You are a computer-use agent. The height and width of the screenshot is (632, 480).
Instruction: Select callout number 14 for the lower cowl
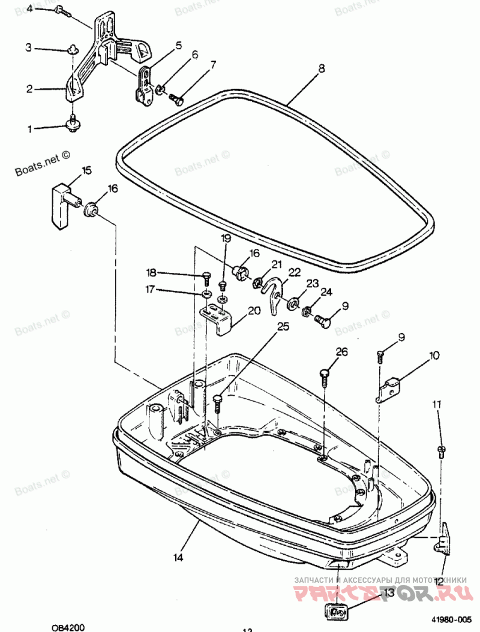[x=178, y=558]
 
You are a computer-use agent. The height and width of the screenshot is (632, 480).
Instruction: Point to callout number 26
[x=341, y=352]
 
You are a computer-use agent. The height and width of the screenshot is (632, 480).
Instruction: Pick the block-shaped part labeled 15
[x=60, y=206]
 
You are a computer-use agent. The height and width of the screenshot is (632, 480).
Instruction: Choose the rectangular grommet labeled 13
[x=336, y=612]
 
